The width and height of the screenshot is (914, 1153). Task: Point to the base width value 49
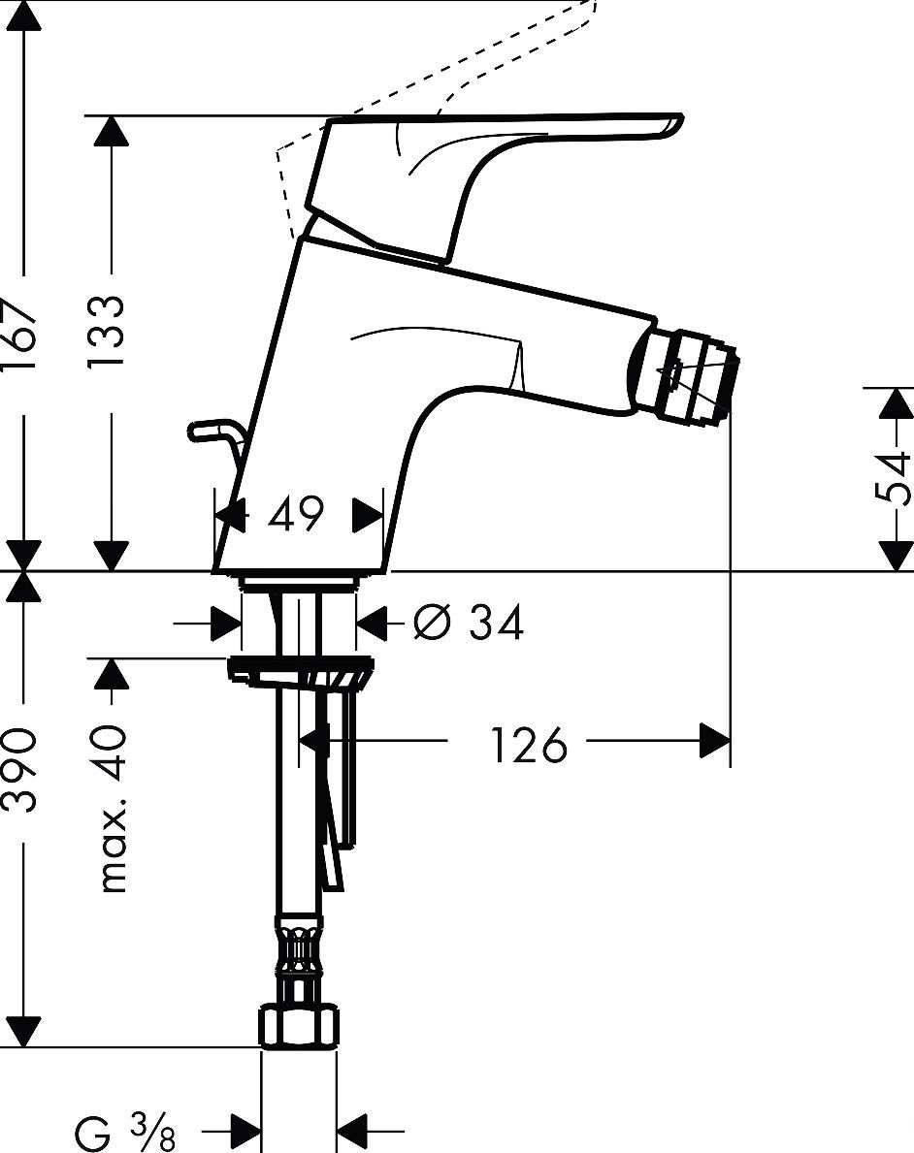coord(295,515)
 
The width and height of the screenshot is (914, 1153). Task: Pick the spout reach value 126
coord(527,745)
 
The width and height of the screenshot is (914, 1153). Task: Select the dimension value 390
coord(21,771)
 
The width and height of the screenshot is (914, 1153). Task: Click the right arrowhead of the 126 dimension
coord(716,744)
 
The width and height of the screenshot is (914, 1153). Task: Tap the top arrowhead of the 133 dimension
coord(112,132)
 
